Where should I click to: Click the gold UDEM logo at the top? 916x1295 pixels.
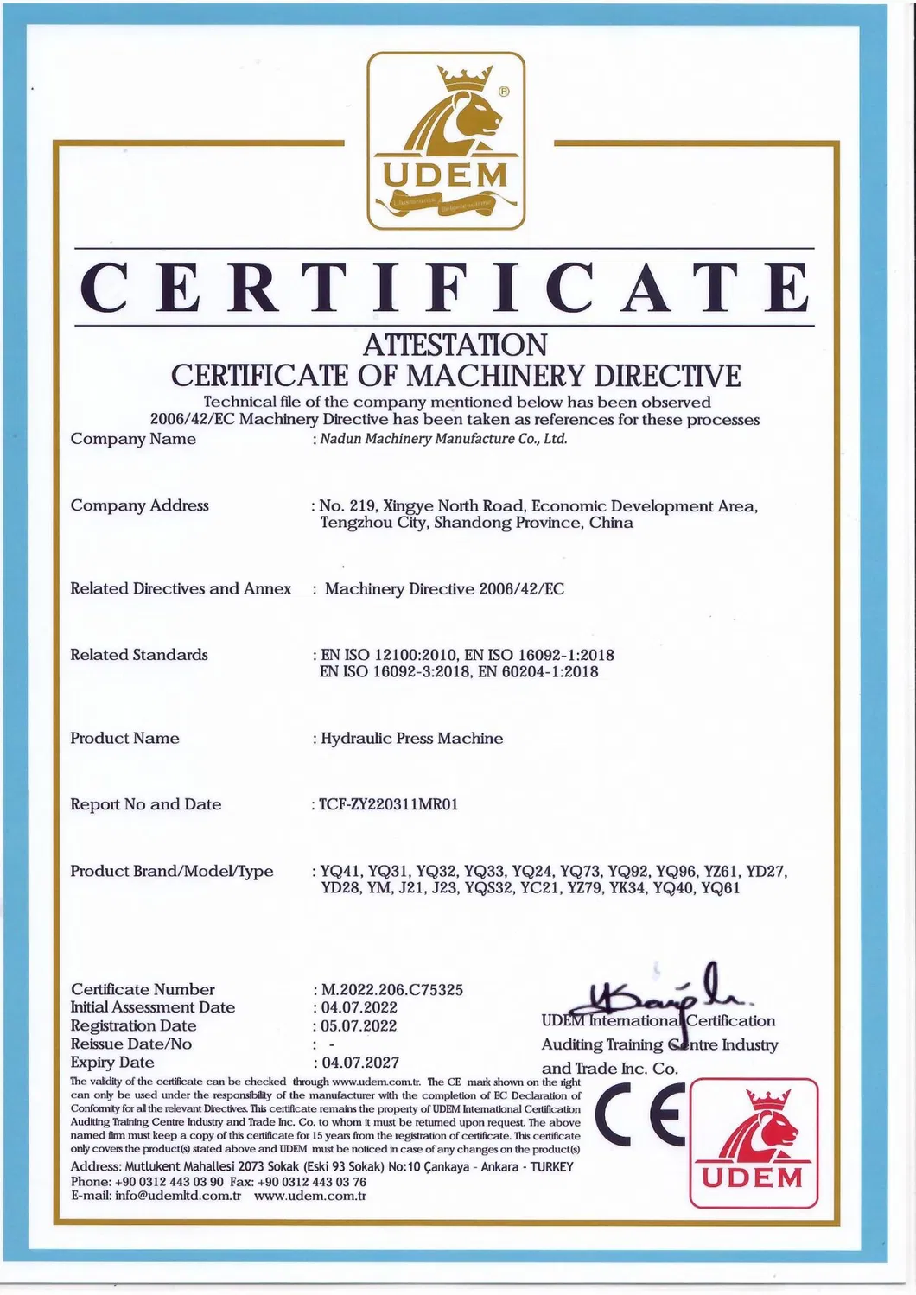(446, 142)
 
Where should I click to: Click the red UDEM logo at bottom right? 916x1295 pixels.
(753, 1142)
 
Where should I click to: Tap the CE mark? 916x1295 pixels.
(639, 1117)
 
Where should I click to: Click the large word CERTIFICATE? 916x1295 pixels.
(446, 287)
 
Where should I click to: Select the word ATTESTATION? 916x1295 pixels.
(455, 345)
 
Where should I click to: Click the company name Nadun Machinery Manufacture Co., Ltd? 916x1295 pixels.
(444, 439)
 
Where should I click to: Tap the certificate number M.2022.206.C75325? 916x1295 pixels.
(392, 989)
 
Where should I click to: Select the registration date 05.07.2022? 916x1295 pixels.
(359, 1025)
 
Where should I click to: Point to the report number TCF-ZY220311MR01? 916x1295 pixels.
(389, 804)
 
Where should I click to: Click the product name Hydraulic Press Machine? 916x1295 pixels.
(411, 739)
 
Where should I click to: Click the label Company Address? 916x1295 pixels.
(139, 505)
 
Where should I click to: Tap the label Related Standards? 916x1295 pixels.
(139, 655)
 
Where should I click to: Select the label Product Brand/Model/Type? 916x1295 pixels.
(172, 871)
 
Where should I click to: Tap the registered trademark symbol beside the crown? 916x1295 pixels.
(506, 90)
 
